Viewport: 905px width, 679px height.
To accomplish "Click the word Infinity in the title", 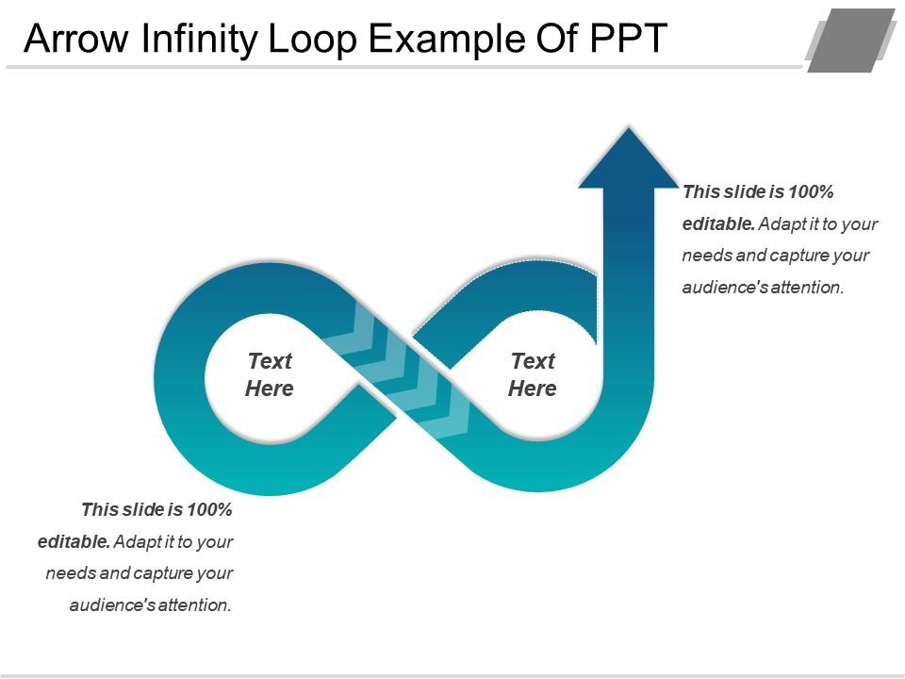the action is pyautogui.click(x=199, y=39).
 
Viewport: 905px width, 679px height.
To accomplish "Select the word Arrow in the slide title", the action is pyautogui.click(x=76, y=39).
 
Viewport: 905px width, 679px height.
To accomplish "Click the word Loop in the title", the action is pyautogui.click(x=312, y=40).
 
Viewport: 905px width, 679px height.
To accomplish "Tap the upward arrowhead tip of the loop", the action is pyautogui.click(x=629, y=128).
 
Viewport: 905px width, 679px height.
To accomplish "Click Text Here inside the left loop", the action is pyautogui.click(x=270, y=374).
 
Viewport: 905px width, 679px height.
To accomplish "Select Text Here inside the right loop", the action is pyautogui.click(x=532, y=374).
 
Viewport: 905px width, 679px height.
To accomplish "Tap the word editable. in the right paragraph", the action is pyautogui.click(x=718, y=224).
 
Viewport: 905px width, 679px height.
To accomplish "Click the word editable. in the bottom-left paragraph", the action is pyautogui.click(x=74, y=541).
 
